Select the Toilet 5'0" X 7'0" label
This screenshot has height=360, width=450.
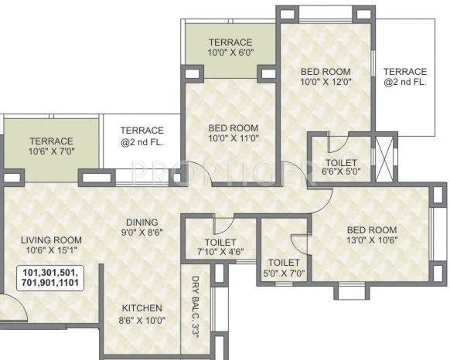point(284,267)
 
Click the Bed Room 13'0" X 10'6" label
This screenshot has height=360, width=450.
point(371,235)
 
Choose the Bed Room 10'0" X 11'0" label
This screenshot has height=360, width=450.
point(233,134)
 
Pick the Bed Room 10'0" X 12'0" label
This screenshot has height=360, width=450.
point(326,79)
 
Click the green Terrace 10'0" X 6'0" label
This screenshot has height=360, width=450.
point(230,47)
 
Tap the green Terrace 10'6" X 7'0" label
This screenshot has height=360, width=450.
point(51,147)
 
